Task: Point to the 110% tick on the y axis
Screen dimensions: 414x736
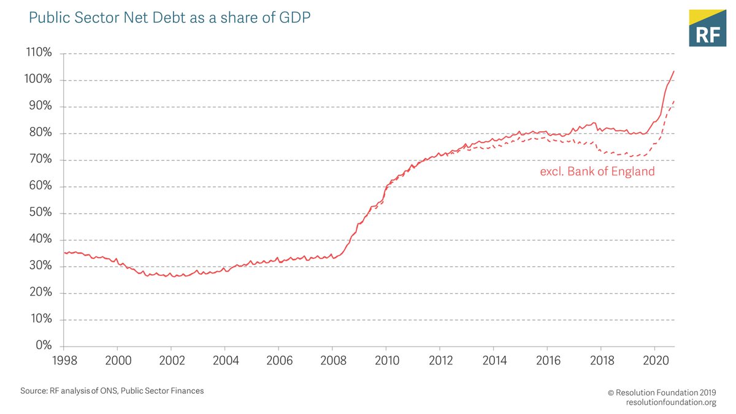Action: [x=40, y=53]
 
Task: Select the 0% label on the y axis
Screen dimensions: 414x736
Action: [x=44, y=346]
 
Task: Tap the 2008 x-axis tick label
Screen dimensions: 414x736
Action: [x=332, y=359]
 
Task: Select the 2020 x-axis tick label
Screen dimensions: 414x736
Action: [x=655, y=359]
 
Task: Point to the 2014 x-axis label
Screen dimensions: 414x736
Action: [x=494, y=359]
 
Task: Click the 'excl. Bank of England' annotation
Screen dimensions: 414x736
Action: [x=597, y=172]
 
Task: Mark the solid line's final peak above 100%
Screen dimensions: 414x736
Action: [x=674, y=71]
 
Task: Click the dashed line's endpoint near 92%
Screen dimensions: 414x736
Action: [x=674, y=101]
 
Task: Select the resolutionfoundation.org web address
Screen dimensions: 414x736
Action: [x=671, y=402]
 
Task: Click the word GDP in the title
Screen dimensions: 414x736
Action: [x=294, y=18]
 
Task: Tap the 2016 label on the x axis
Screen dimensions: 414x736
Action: [x=548, y=359]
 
